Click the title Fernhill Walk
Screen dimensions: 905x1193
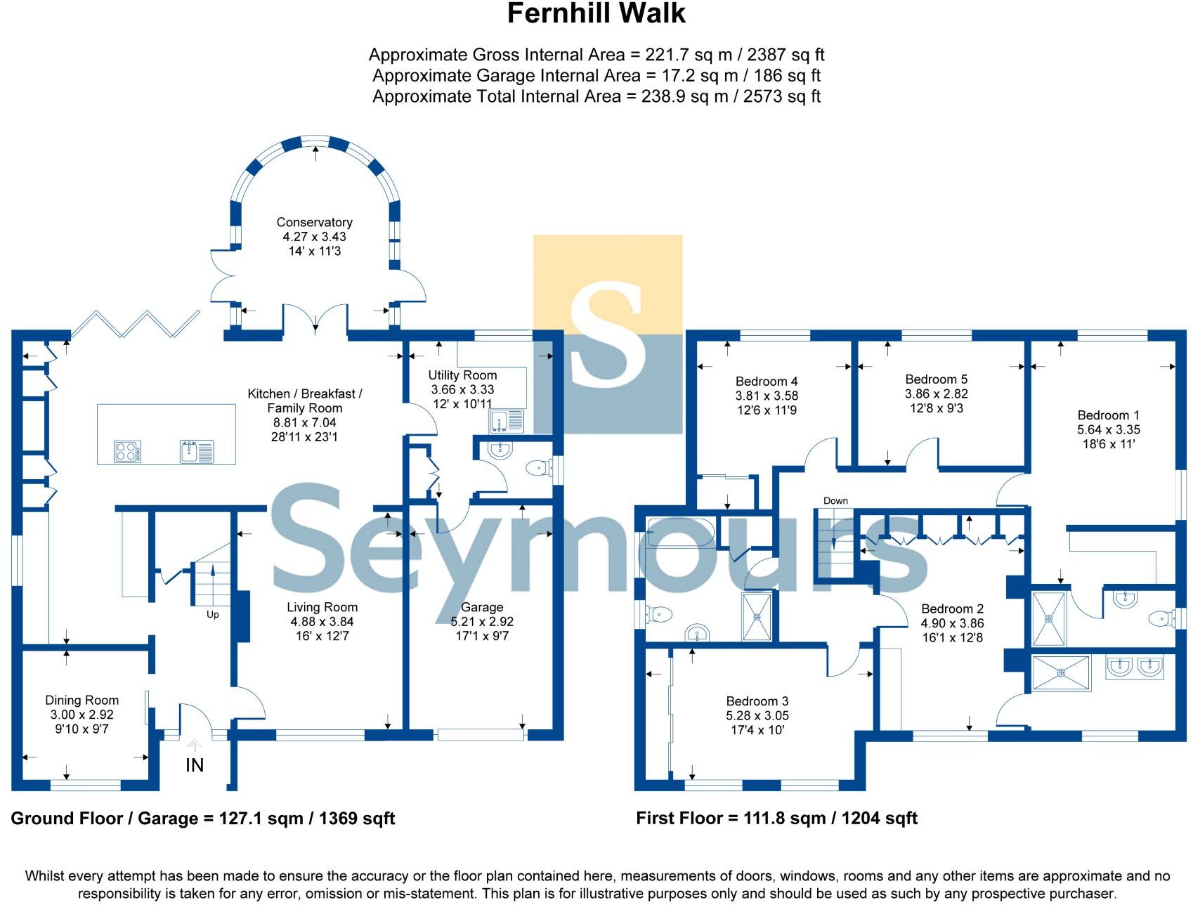[x=596, y=14]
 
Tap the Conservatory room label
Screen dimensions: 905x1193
[x=314, y=222]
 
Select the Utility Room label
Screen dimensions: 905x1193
[x=462, y=375]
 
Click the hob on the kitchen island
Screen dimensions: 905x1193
[x=128, y=451]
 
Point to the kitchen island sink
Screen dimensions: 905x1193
[x=197, y=451]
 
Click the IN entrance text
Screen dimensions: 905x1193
[x=195, y=765]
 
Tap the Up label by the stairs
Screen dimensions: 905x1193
[x=212, y=614]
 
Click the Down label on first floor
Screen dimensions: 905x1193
[x=835, y=500]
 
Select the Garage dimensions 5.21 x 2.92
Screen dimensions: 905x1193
[x=482, y=621]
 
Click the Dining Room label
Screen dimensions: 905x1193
[x=82, y=700]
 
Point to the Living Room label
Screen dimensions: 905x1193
[x=322, y=607]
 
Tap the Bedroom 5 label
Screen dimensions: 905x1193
[x=936, y=379]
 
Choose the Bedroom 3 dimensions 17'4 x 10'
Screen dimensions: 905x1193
[x=757, y=730]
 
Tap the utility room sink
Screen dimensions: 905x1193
[x=507, y=422]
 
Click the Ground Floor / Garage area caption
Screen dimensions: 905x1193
[x=202, y=819]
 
